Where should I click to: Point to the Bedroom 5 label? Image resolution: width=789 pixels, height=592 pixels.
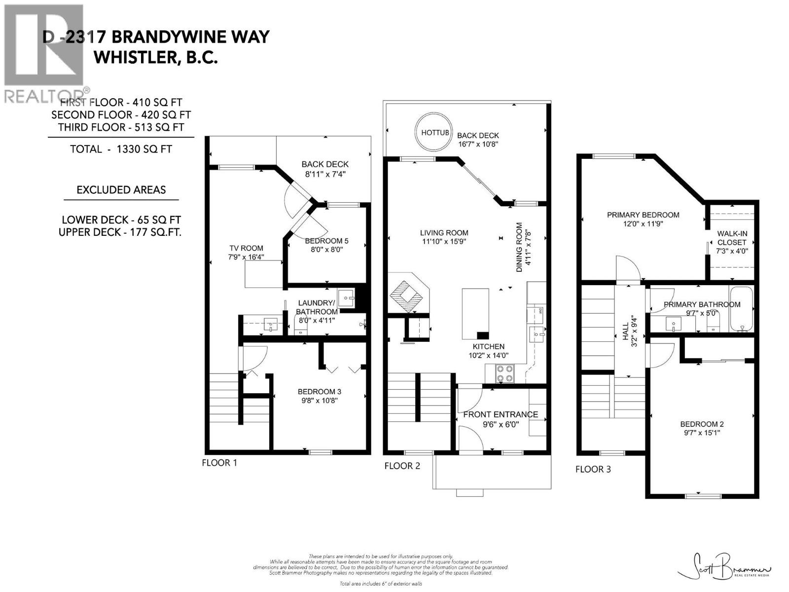tap(326, 241)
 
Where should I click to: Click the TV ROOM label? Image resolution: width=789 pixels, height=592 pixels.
tap(246, 248)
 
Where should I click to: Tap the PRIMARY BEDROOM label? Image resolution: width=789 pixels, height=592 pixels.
tap(644, 215)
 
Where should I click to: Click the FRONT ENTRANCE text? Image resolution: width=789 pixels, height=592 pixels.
tap(501, 414)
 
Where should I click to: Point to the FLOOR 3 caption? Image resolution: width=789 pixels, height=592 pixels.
tap(593, 469)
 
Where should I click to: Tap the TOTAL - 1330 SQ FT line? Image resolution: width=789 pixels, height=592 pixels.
tap(121, 149)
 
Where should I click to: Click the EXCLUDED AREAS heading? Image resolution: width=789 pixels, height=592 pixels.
tap(121, 190)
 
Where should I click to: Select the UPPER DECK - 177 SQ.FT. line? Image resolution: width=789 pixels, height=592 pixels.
tap(120, 232)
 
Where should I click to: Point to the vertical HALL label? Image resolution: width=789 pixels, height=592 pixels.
tap(625, 332)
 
